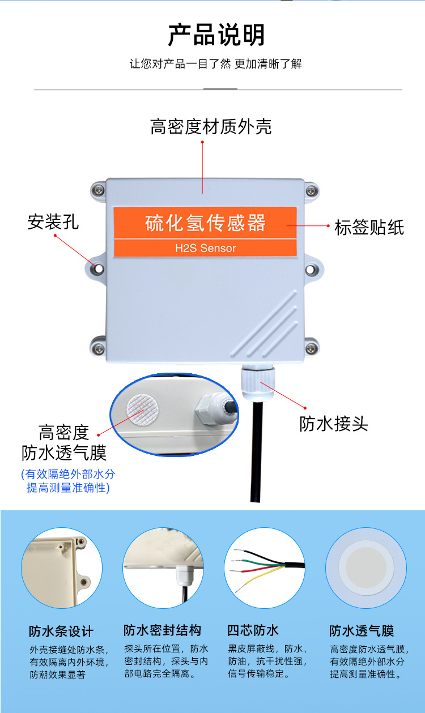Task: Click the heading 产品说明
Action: pyautogui.click(x=216, y=35)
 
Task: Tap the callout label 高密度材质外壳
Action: pyautogui.click(x=211, y=126)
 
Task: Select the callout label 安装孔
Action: pyautogui.click(x=53, y=221)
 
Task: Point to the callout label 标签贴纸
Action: pyautogui.click(x=369, y=228)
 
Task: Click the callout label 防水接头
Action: pyautogui.click(x=334, y=424)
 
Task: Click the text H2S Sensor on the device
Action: pyautogui.click(x=206, y=248)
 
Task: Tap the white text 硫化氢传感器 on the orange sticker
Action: pyautogui.click(x=206, y=223)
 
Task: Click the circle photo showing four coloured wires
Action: pyautogui.click(x=265, y=568)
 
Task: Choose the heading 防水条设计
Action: pyautogui.click(x=61, y=631)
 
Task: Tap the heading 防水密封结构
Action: pyautogui.click(x=162, y=630)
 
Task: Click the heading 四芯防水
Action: pyautogui.click(x=253, y=630)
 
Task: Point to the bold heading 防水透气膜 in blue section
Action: pyautogui.click(x=362, y=631)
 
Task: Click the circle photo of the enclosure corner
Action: pyautogui.click(x=62, y=568)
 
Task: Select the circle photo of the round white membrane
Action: pyautogui.click(x=366, y=568)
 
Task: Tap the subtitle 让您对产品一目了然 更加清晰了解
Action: pyautogui.click(x=216, y=63)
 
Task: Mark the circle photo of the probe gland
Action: pyautogui.click(x=163, y=568)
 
